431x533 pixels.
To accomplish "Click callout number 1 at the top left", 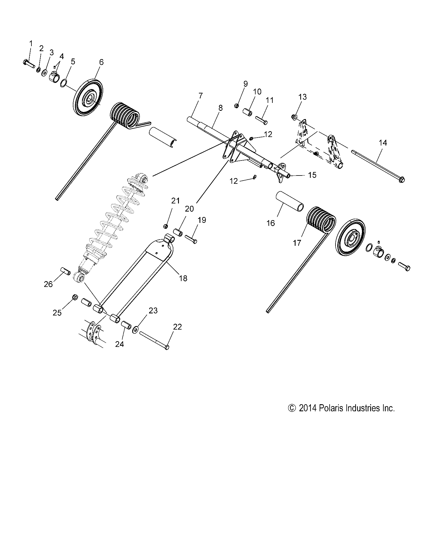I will point(31,44).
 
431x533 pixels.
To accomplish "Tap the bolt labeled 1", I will point(28,63).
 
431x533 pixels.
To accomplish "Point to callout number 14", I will point(383,143).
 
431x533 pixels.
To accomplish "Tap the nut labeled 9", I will point(237,105).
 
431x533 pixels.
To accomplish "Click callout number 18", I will point(183,278).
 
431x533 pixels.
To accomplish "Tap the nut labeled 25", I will point(75,298).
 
